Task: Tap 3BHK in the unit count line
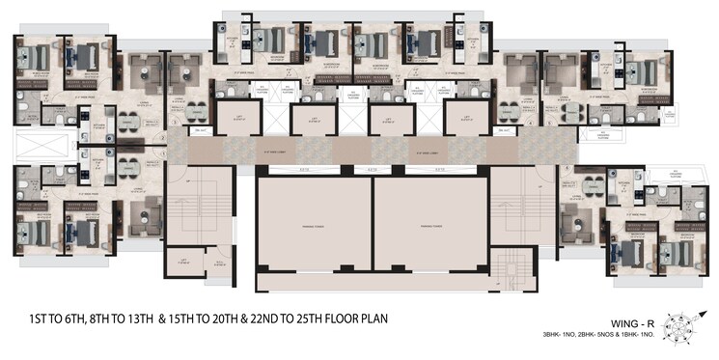(559, 335)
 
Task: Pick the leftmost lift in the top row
(235, 121)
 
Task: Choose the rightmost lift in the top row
(464, 121)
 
